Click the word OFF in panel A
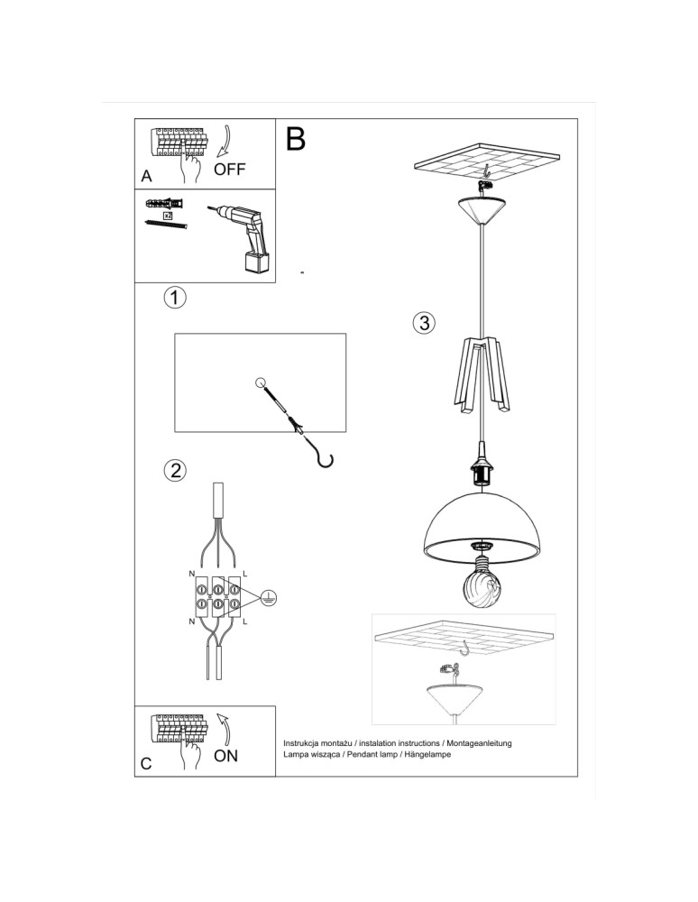coord(229,169)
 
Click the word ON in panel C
coord(226,755)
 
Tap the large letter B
coord(296,138)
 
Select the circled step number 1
coord(176,297)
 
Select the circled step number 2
coord(175,469)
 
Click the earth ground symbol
coord(268,596)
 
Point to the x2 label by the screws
coord(167,216)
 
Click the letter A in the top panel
coord(147,175)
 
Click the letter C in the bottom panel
coord(146,763)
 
